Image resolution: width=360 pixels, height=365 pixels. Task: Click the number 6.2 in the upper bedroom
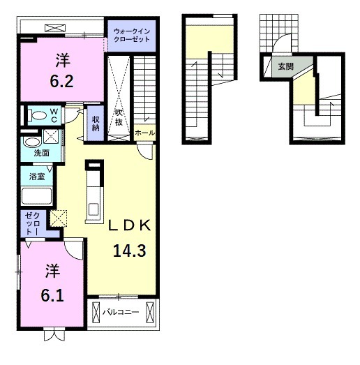tap(61, 82)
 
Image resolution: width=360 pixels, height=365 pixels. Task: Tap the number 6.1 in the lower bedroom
tap(52, 296)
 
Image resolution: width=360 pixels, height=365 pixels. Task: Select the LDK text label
tap(129, 225)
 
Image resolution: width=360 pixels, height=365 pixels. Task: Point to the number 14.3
tap(130, 251)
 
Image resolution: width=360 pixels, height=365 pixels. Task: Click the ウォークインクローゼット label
tap(132, 35)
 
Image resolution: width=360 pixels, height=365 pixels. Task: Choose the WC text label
tap(54, 115)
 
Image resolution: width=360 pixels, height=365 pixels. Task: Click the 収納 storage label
tap(96, 124)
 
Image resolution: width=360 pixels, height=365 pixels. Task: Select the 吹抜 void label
tap(119, 118)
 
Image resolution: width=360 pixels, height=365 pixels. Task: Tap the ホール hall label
tap(144, 133)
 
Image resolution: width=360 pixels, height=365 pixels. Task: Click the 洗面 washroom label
tap(42, 153)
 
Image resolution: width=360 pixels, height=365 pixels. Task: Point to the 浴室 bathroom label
tap(37, 177)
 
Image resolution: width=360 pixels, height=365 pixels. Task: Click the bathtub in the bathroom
tap(36, 196)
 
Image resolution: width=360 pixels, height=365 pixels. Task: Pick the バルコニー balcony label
tap(121, 312)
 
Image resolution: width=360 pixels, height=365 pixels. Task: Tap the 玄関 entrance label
tap(286, 66)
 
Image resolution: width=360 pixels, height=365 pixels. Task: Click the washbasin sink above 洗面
tap(32, 142)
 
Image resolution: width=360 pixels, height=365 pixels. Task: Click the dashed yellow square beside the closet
tap(59, 218)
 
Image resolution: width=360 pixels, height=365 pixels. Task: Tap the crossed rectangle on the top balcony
tap(55, 29)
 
